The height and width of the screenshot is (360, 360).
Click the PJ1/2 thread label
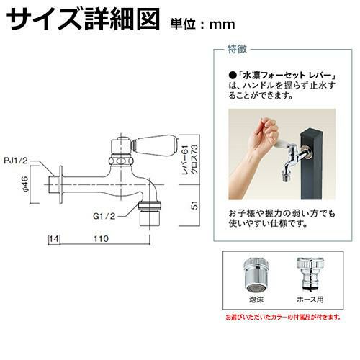coord(16,161)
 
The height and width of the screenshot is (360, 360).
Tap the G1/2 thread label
coord(104,216)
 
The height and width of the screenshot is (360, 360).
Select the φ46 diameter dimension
coord(26,184)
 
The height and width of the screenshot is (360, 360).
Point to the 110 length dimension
coord(102,239)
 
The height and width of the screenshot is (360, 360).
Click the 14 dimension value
coord(55,239)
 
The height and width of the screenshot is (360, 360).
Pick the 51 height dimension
coord(196,205)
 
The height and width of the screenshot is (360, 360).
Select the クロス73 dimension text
coord(194,159)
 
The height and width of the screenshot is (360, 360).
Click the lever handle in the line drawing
coord(154,145)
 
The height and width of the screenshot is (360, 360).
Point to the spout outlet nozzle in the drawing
coord(150,215)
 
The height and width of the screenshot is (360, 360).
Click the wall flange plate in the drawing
coord(61,184)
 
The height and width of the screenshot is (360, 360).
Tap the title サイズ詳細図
coord(83,19)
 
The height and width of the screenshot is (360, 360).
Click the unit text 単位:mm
coord(202,24)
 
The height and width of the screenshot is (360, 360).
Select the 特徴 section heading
coord(237,50)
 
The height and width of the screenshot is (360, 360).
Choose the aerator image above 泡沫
coord(256,274)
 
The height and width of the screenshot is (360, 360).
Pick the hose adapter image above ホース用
coord(310,274)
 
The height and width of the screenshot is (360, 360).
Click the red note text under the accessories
coord(283,318)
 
